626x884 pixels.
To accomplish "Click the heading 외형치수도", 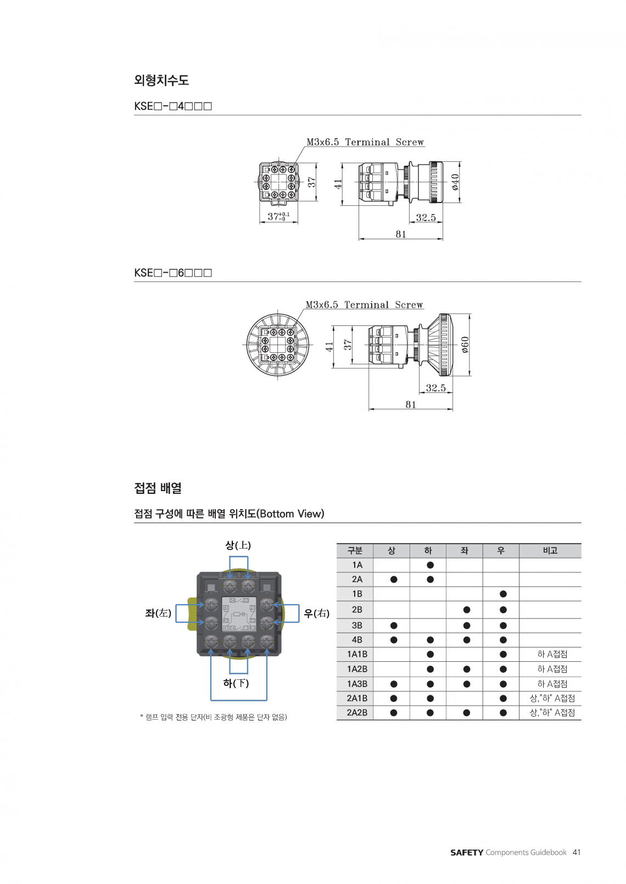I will (161, 80).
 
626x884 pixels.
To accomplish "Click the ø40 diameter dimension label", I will (455, 182).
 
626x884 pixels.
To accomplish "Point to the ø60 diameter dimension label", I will (465, 344).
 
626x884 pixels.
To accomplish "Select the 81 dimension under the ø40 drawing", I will (401, 234).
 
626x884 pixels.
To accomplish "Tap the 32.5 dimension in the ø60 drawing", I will (436, 388).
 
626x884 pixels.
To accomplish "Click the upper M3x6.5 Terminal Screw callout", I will (365, 142).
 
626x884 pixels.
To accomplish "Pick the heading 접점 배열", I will (158, 488).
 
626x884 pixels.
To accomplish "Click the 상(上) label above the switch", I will (238, 545).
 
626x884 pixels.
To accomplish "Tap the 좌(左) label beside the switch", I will (158, 613).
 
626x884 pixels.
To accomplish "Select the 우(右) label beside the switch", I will (317, 613).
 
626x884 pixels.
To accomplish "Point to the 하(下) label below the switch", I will (236, 683).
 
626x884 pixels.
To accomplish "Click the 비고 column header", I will (550, 550).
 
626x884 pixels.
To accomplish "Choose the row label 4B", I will (357, 640).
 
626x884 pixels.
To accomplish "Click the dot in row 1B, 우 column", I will (503, 594).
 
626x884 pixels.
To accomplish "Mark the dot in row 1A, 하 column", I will (430, 565).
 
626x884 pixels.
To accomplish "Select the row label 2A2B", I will (357, 713).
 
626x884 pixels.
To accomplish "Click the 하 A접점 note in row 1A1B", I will (552, 654).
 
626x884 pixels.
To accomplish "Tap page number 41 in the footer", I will (577, 852).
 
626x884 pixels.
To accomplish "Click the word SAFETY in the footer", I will (467, 853).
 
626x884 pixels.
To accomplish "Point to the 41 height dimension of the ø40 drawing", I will (338, 184).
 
